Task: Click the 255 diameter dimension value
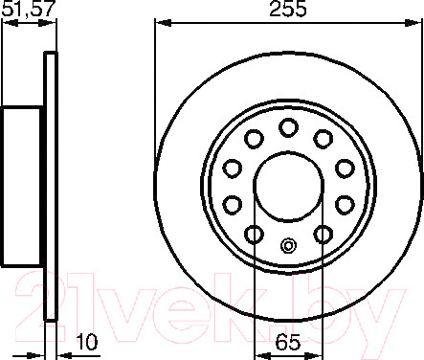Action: coord(288,9)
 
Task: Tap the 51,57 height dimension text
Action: coord(27,9)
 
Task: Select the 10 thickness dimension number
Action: coord(87,342)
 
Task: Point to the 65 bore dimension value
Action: coord(288,343)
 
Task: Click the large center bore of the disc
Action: coord(288,187)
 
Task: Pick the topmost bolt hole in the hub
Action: coord(288,127)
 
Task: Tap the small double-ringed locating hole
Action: coord(288,246)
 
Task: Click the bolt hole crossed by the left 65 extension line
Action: coord(254,235)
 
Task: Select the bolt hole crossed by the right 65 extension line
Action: coord(323,235)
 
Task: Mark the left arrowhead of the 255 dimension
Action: coord(163,23)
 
